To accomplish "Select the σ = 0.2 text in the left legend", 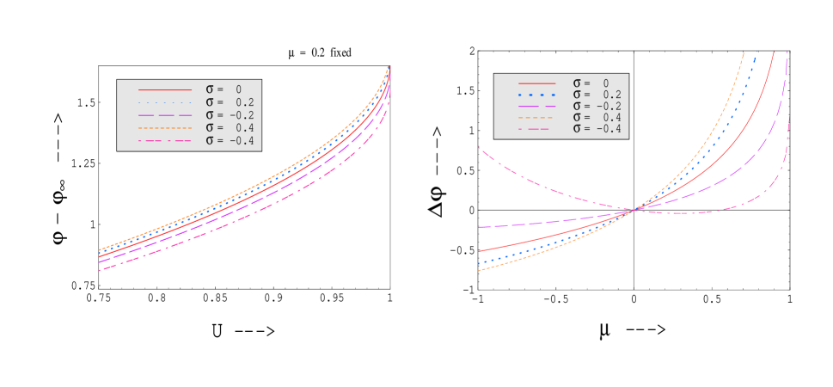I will click(230, 102).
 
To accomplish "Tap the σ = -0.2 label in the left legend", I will click(230, 115).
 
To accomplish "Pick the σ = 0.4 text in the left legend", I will click(230, 128).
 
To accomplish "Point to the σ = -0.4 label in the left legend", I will click(230, 141).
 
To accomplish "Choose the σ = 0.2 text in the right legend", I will click(597, 95).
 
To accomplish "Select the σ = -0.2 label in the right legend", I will click(597, 106).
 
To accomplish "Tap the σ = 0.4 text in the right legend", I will click(597, 117).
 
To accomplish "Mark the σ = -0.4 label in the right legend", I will click(597, 128).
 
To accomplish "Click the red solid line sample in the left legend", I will click(165, 89).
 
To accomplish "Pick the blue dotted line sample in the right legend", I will click(536, 95).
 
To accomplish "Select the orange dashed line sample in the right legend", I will click(536, 117).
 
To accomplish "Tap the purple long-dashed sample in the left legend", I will click(165, 115).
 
